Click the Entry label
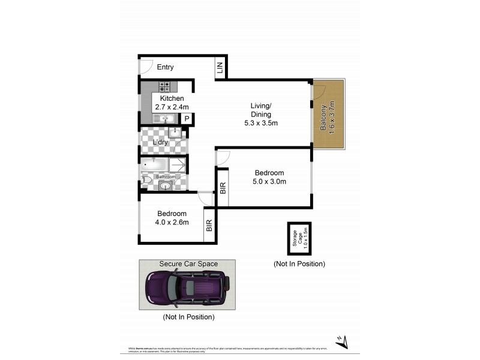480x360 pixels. pyautogui.click(x=165, y=67)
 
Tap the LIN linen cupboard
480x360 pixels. pyautogui.click(x=220, y=68)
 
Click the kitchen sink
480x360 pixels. pyautogui.click(x=164, y=119)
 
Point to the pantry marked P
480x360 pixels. pyautogui.click(x=187, y=119)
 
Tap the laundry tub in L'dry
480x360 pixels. pyautogui.click(x=175, y=133)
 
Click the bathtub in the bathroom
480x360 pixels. pyautogui.click(x=154, y=164)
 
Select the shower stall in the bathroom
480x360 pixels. pyautogui.click(x=178, y=164)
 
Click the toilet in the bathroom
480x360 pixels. pyautogui.click(x=146, y=179)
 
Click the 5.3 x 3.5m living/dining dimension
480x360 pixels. pyautogui.click(x=261, y=123)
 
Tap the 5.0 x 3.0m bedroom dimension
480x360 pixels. pyautogui.click(x=269, y=181)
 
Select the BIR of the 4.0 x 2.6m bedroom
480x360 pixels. pyautogui.click(x=209, y=226)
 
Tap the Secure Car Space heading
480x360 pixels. pyautogui.click(x=188, y=264)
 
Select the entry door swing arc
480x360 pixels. pyautogui.click(x=147, y=67)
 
